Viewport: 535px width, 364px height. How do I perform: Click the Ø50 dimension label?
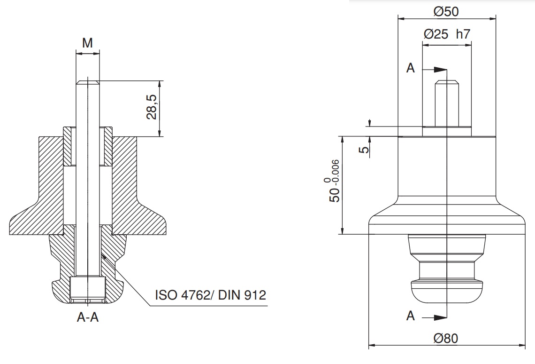coord(446,12)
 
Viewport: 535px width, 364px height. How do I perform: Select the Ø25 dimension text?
coord(436,34)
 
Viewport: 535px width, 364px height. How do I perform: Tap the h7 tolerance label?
coord(463,34)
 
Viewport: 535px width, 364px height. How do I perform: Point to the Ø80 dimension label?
coord(446,338)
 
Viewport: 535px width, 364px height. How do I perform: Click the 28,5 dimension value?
coord(152,107)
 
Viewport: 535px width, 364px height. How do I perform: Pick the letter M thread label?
coord(88,43)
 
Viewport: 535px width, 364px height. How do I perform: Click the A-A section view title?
coord(88,317)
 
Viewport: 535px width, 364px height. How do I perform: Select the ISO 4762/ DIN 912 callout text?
coord(211,294)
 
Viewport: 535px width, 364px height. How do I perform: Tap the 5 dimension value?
coord(364,150)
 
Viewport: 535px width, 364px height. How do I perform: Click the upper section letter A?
coord(411,68)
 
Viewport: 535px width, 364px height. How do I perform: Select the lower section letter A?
coord(411,316)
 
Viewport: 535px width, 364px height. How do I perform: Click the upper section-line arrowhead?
coord(441,70)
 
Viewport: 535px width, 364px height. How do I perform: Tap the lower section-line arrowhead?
coord(441,318)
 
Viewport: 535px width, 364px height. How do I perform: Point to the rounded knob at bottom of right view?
coord(447,291)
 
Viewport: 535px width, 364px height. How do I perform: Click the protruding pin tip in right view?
coord(447,82)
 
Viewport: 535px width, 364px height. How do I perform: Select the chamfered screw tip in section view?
coord(88,82)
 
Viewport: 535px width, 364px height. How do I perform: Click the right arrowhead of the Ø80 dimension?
coord(522,345)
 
